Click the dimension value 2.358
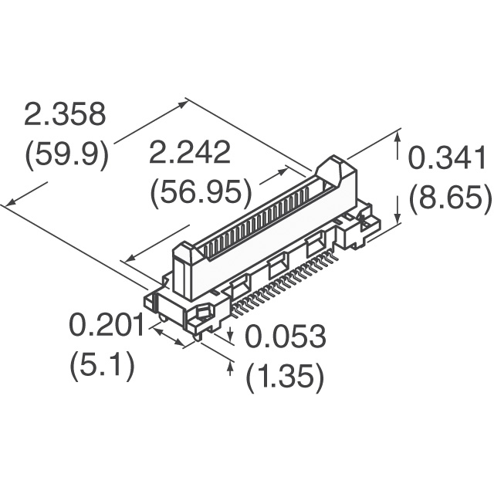65,115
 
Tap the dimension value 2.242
190,153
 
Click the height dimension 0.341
446,158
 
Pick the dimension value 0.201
107,325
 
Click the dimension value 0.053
286,337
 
